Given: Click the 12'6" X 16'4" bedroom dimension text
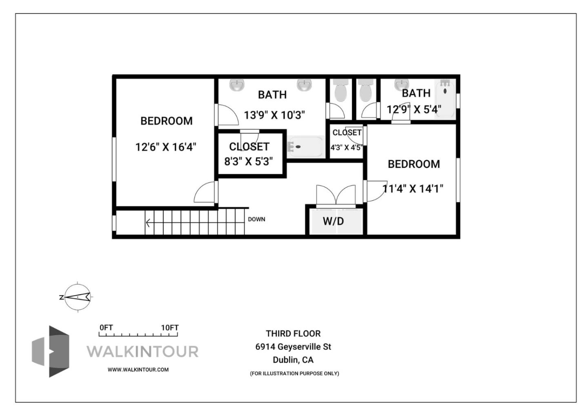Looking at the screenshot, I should (166, 147).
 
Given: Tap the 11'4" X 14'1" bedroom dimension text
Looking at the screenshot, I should (413, 188).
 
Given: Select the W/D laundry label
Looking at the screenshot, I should (333, 221).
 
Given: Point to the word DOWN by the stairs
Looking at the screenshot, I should (256, 219).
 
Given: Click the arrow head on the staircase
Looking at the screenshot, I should (148, 223).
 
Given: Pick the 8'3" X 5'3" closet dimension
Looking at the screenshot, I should (248, 161).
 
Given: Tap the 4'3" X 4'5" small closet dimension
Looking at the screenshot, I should (346, 148).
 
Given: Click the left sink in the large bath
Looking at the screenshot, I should (236, 85).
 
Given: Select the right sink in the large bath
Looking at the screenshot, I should (304, 85).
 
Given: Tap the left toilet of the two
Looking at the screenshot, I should (340, 91).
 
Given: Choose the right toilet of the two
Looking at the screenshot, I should (365, 91).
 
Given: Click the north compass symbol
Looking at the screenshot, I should (77, 297).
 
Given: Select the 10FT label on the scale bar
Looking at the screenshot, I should (169, 328).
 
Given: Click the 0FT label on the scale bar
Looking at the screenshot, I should (106, 328).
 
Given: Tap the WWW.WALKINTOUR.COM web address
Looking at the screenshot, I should (138, 370).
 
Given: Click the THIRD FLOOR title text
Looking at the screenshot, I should (293, 333).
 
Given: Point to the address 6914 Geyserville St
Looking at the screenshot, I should (293, 347).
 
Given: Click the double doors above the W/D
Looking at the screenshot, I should (336, 195).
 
